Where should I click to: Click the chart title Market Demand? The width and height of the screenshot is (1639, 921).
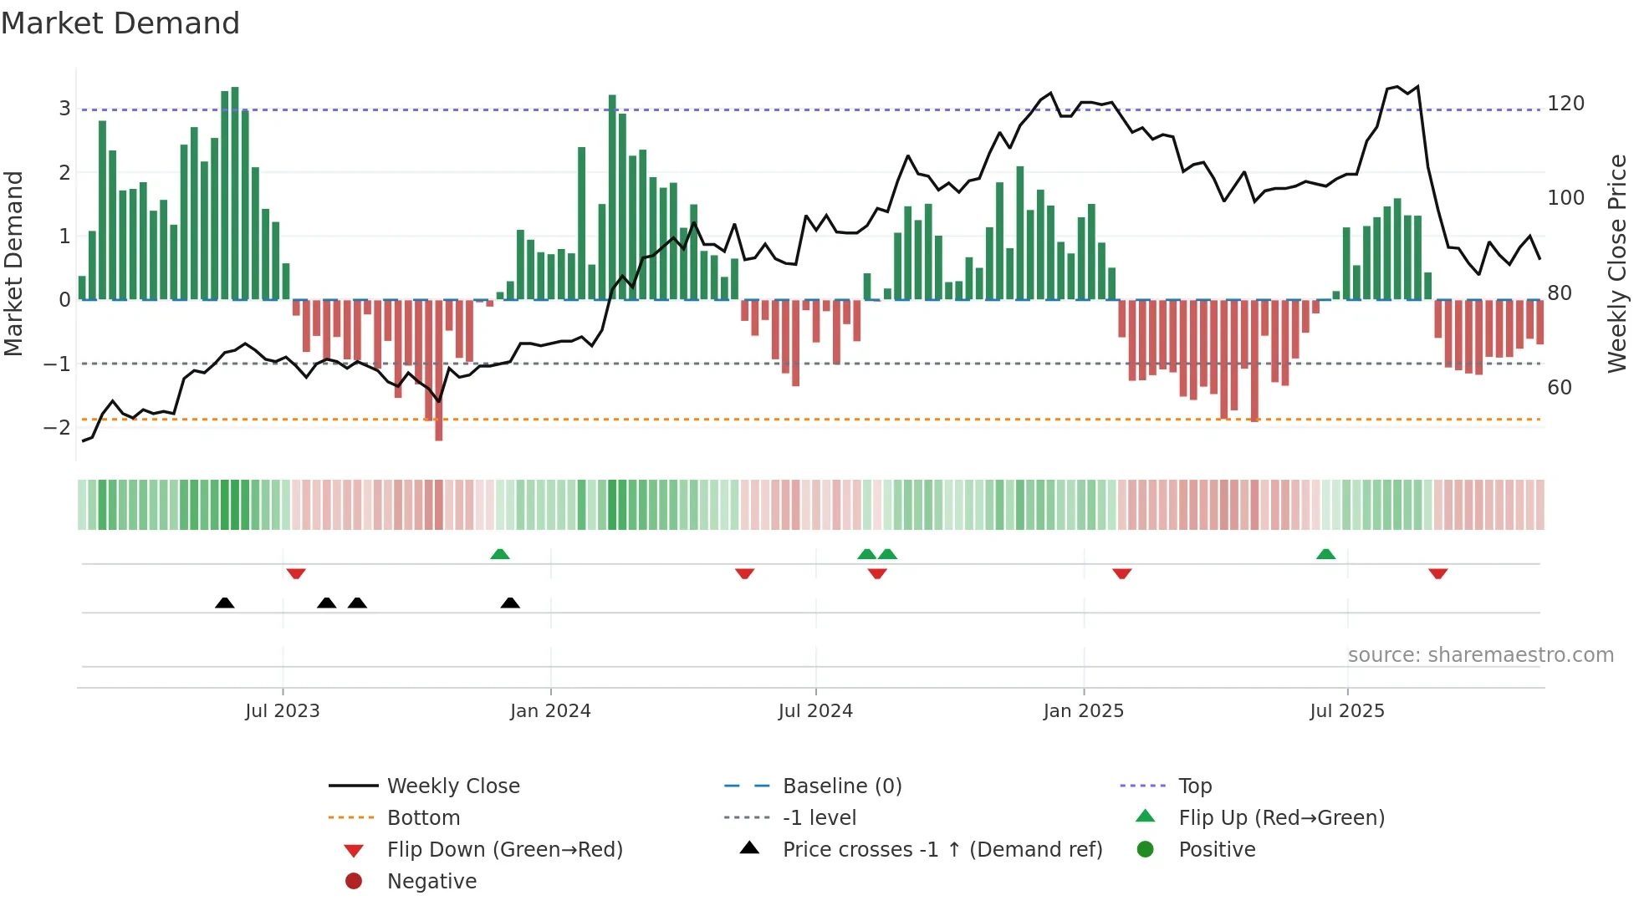click(x=120, y=23)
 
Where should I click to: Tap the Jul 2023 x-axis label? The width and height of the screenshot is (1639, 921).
click(x=282, y=711)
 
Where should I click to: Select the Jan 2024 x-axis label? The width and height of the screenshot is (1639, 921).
click(x=550, y=711)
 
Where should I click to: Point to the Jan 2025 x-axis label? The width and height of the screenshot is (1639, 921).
click(x=1083, y=711)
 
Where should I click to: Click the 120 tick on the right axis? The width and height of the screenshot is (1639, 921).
click(x=1565, y=104)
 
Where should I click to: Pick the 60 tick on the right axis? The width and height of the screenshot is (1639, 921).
click(x=1559, y=388)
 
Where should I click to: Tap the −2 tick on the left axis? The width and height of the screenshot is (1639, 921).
click(x=57, y=428)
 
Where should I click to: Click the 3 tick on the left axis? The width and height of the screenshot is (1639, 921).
click(x=64, y=109)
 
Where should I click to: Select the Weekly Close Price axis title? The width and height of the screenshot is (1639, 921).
click(x=1617, y=263)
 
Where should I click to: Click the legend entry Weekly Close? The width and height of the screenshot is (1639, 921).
click(x=452, y=786)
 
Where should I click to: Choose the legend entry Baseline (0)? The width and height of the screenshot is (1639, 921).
click(x=841, y=786)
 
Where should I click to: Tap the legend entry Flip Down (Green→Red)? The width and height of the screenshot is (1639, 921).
click(x=504, y=850)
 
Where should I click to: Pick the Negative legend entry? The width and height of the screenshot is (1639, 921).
click(x=431, y=882)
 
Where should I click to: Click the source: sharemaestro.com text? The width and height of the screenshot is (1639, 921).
click(x=1480, y=655)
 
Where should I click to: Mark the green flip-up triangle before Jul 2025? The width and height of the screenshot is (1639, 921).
click(x=1325, y=554)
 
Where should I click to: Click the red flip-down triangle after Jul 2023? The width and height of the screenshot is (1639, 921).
click(x=296, y=573)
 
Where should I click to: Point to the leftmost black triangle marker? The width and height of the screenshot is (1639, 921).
click(x=224, y=603)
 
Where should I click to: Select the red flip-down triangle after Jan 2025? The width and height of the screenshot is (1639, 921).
click(x=1121, y=573)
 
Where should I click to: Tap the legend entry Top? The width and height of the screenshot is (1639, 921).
click(x=1194, y=786)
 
